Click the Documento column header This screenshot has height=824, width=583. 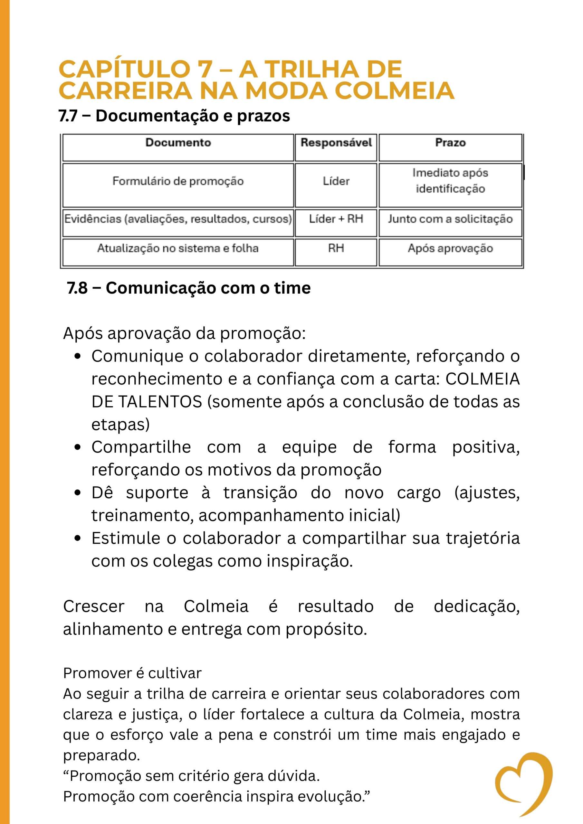178,143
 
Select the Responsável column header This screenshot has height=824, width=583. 336,143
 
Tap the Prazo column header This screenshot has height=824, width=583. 450,143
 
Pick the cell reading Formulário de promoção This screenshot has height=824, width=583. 178,181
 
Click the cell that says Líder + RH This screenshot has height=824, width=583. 336,219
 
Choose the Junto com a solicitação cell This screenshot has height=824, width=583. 450,219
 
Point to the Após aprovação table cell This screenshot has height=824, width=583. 450,248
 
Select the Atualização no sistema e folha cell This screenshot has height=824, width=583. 178,248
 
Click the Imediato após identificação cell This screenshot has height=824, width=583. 450,181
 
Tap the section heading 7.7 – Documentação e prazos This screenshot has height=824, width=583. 174,116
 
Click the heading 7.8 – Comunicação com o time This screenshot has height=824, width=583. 188,288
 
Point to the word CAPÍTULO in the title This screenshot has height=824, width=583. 125,69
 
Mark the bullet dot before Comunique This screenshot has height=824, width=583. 78,357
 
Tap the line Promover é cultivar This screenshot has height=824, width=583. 132,673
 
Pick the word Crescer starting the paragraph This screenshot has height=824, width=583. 94,607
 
